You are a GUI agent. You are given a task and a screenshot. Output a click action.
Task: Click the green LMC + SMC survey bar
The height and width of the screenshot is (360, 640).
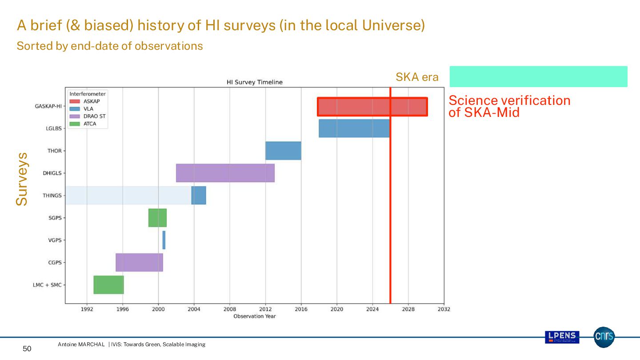pos(108,284)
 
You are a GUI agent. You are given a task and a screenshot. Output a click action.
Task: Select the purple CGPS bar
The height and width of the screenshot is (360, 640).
pos(139,262)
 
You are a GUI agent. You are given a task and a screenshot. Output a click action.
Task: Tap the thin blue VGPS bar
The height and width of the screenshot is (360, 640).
pos(164,240)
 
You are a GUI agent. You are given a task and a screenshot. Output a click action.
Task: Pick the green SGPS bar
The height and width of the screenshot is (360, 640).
pos(157,218)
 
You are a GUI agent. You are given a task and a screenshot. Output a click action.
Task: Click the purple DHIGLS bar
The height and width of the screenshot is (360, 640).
pos(225,173)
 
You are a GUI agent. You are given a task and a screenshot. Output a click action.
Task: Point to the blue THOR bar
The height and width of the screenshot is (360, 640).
pos(283,151)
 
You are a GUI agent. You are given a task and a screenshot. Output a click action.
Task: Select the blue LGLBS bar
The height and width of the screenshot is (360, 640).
pos(354,128)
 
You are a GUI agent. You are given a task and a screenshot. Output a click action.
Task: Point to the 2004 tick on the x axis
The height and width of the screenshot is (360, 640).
pos(194,309)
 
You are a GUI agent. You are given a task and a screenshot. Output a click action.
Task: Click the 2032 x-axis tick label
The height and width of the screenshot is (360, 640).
pos(444,309)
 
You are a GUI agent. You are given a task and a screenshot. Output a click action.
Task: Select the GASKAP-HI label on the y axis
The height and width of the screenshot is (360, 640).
pos(48,106)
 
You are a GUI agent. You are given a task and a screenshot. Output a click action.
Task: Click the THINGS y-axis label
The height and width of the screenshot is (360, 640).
pos(52,196)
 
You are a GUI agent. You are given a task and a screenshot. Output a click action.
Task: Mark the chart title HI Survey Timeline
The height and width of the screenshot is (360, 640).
pos(254,82)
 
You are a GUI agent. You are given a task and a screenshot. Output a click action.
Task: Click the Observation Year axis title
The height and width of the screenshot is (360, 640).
pos(254,316)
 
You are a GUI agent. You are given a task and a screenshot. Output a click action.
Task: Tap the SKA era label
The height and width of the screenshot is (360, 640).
pos(417,77)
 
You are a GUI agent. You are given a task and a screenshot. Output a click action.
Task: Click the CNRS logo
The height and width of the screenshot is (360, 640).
pos(604,337)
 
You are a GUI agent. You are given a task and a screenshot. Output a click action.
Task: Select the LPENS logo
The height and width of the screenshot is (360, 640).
pos(562,337)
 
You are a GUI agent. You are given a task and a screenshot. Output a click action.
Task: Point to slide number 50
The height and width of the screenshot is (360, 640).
pos(27,349)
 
